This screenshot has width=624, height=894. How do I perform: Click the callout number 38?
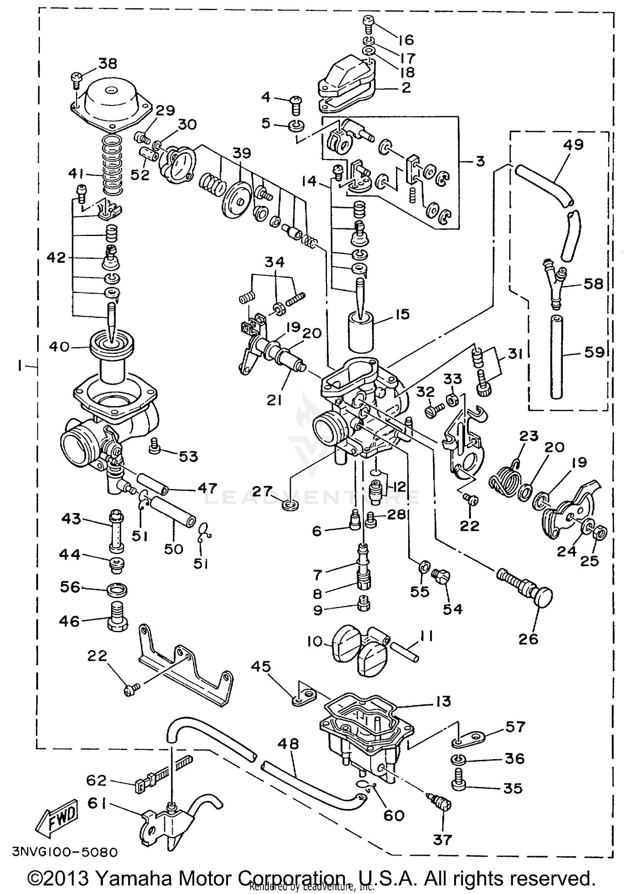click(x=108, y=63)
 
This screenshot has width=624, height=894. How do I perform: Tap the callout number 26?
click(x=528, y=638)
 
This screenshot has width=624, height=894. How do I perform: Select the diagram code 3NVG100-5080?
click(x=64, y=852)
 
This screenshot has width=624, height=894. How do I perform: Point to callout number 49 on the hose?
click(x=573, y=144)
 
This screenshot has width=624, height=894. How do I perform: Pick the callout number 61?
click(x=97, y=803)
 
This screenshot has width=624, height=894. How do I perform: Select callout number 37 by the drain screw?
click(x=442, y=839)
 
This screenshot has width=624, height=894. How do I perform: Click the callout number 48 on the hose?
click(x=288, y=743)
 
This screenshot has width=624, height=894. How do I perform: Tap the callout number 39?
click(x=242, y=153)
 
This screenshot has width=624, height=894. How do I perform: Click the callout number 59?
click(x=594, y=352)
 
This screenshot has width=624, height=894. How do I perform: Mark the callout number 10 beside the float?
click(x=315, y=641)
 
